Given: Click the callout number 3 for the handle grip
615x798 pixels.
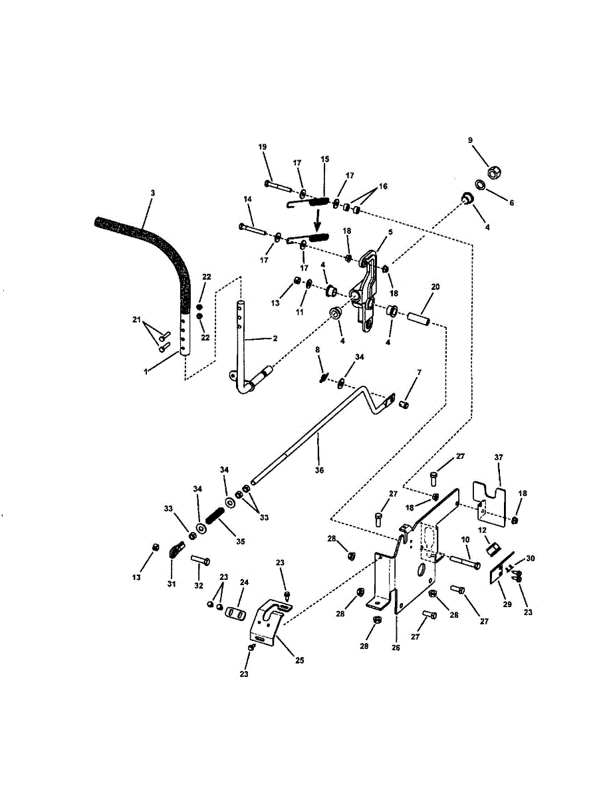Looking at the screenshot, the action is [152, 193].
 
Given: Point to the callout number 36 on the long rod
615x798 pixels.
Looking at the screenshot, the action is [319, 470].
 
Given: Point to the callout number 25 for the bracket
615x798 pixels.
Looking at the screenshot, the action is [300, 660].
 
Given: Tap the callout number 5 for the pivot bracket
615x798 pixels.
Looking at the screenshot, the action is [390, 232].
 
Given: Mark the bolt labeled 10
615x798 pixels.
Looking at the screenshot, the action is [467, 563].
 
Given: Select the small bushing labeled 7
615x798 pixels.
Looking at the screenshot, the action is [404, 404].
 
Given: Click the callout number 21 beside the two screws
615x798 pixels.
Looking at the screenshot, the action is [138, 321].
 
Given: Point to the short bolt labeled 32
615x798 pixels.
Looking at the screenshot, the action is [201, 561].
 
